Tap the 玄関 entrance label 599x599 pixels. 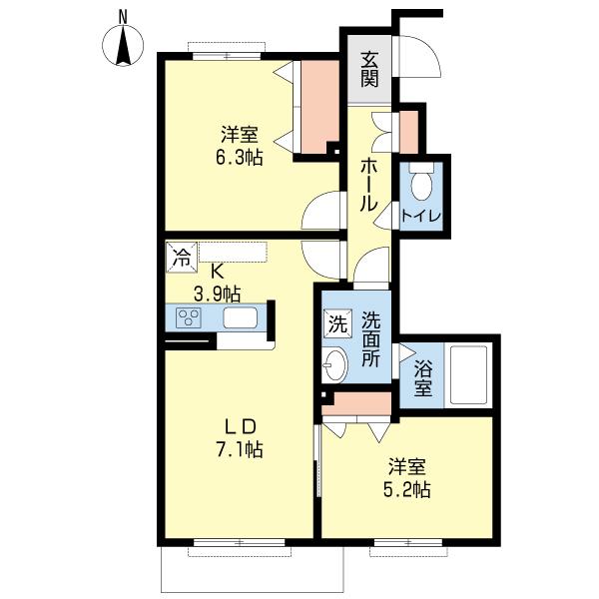coord(369,69)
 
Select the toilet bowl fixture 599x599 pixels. coord(421,182)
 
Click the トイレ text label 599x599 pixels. coord(421,216)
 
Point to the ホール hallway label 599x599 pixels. coord(369,185)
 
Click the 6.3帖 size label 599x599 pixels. coord(240,157)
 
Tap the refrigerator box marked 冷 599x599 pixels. coord(182,258)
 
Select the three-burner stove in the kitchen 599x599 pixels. coord(189,317)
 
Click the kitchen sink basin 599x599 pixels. coord(240,317)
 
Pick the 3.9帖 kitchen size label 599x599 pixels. coord(218,295)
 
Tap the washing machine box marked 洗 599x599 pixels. coord(337,323)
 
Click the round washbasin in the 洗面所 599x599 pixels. coord(335,364)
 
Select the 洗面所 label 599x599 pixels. coord(371,339)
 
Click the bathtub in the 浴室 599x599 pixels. coord(469,374)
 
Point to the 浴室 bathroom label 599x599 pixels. coord(423,379)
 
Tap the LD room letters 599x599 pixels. coord(240,426)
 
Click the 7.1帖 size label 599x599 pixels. coord(240,449)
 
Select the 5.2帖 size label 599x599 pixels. coord(407,489)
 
